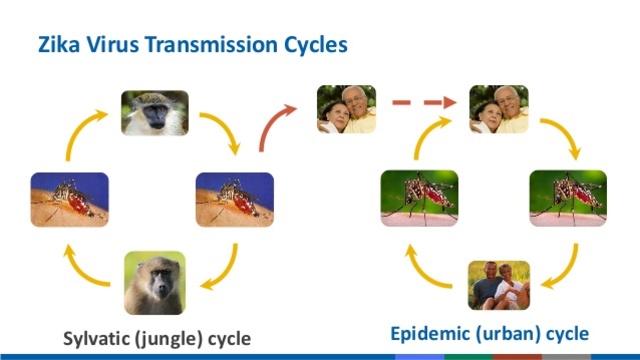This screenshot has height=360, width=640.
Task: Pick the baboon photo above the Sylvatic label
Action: click(x=155, y=282)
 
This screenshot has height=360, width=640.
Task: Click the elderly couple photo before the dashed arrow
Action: click(x=346, y=109)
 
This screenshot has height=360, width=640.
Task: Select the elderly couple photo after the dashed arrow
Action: click(x=498, y=109)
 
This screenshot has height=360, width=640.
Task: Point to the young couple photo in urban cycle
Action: click(x=498, y=285)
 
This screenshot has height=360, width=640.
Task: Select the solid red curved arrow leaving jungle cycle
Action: click(x=276, y=128)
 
